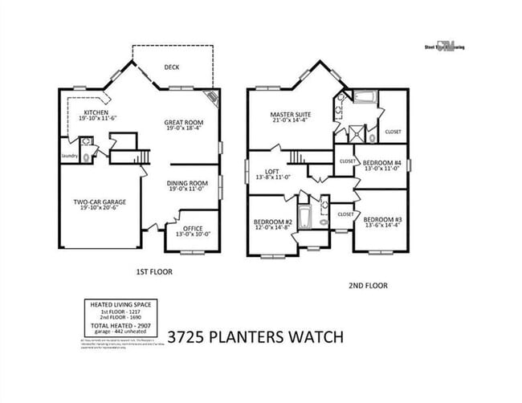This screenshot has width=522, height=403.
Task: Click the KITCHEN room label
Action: (96, 112)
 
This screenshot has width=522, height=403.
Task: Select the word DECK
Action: (172, 68)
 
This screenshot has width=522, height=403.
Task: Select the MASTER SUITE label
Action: (290, 115)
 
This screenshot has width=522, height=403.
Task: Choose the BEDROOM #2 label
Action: (271, 222)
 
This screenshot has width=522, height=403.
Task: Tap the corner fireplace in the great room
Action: (212, 99)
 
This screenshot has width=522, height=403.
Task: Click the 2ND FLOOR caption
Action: (369, 285)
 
